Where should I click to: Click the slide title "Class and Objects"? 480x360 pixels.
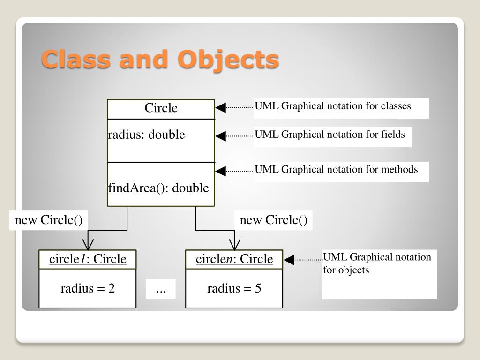tap(160, 60)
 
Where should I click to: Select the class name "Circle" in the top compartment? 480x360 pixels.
tap(161, 108)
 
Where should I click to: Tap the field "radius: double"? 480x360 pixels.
tap(146, 135)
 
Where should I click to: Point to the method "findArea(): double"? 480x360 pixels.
tap(158, 188)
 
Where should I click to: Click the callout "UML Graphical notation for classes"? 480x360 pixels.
tap(333, 106)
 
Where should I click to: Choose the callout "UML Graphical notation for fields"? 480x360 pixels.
tap(330, 135)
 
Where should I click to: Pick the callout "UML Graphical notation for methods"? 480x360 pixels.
tap(336, 170)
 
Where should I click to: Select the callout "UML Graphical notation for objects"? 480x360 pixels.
tap(377, 264)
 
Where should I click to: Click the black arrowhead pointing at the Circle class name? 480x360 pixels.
tap(220, 108)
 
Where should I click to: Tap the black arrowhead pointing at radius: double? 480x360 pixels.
tap(220, 136)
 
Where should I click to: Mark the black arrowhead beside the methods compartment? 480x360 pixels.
tap(220, 171)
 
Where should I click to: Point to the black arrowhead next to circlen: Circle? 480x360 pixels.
tap(289, 260)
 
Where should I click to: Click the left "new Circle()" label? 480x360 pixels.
tap(49, 220)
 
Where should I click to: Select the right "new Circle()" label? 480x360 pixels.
tap(274, 220)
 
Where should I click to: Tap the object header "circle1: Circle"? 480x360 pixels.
tap(88, 259)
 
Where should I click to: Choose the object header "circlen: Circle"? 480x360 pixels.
tap(234, 259)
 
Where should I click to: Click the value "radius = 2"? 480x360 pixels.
tap(88, 288)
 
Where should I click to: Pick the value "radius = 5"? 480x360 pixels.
tap(234, 288)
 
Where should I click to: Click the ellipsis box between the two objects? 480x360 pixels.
tap(161, 289)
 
